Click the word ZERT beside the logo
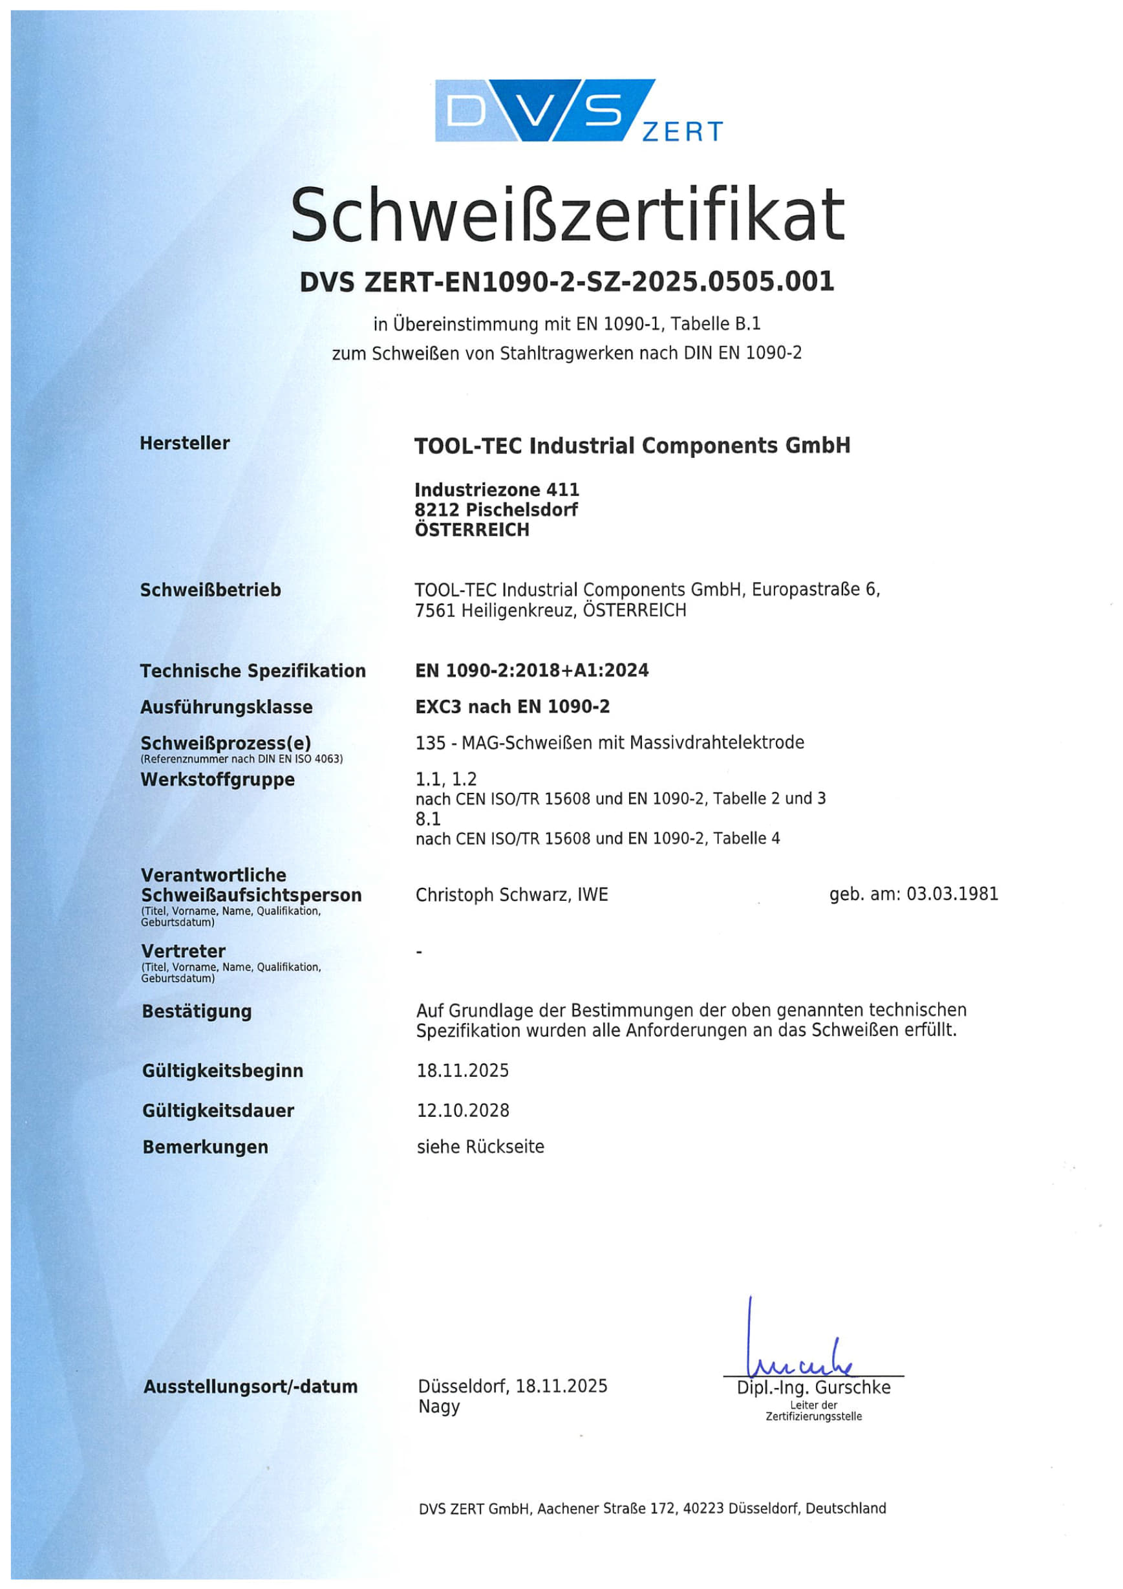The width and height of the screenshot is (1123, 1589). coord(682,131)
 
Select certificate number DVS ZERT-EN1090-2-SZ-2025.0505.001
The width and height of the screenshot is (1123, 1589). coord(567,282)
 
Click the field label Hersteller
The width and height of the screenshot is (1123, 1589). coord(185,443)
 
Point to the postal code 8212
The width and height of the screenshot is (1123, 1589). coord(436,510)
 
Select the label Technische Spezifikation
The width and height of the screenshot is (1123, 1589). coord(253,671)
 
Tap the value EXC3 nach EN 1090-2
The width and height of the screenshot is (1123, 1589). coord(512,707)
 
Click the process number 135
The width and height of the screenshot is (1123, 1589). coord(431,742)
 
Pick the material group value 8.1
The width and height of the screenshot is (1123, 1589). coord(427,819)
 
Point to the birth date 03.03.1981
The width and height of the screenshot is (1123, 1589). coord(952,894)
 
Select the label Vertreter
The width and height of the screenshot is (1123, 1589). coord(184,951)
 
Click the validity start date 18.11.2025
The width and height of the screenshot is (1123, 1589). coord(462,1070)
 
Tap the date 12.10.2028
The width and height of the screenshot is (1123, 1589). coord(462,1110)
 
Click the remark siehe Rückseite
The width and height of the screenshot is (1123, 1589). coord(480,1147)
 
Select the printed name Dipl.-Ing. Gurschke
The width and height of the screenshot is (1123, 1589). coord(813,1388)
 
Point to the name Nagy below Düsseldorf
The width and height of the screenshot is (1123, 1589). coord(439,1407)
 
